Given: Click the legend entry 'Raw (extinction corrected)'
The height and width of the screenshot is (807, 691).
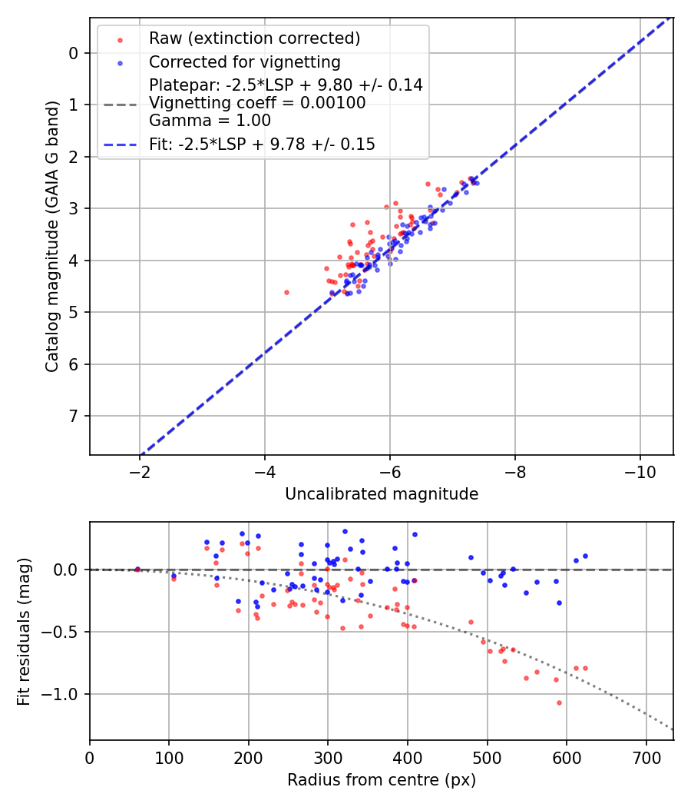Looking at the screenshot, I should [254, 38].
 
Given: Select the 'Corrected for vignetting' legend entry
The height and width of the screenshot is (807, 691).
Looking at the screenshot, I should [244, 61].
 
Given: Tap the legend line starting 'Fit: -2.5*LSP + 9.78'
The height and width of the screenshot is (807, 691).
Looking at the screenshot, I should [262, 144].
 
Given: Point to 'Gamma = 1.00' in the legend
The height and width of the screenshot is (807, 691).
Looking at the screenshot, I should [210, 120].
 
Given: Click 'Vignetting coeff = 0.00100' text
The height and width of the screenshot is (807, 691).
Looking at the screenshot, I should [257, 103].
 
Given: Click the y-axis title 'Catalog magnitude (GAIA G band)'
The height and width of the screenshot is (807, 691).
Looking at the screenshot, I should [51, 235].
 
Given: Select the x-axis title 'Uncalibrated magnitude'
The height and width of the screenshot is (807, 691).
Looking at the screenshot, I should [382, 494].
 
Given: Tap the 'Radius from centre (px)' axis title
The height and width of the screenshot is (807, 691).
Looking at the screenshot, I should [382, 780].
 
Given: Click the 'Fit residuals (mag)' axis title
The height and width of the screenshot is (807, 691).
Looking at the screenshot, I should [24, 631].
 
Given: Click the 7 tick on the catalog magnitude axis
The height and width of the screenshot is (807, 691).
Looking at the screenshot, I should [74, 416].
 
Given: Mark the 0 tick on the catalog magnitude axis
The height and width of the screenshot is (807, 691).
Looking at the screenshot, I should [74, 53].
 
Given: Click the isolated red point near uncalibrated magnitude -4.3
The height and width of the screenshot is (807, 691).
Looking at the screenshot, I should [286, 292].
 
